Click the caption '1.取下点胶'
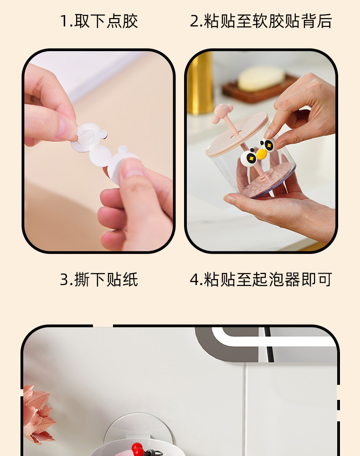(x=99, y=21)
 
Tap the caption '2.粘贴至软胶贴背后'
(x=261, y=21)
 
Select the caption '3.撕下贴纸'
(x=99, y=280)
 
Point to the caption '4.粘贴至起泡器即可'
(x=261, y=280)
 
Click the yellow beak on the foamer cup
(x=262, y=155)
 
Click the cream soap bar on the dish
(x=261, y=78)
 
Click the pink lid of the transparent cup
(x=237, y=134)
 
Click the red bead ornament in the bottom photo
(x=137, y=450)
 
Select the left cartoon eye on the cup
(x=249, y=157)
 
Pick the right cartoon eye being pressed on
(x=269, y=145)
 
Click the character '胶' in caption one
(x=130, y=21)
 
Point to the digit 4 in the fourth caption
(x=195, y=280)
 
